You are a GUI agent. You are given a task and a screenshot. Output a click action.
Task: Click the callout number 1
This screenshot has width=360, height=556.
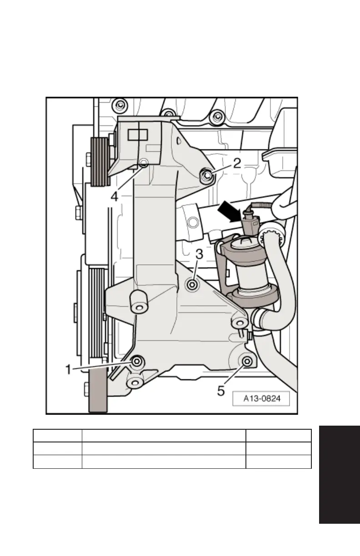[x=69, y=370]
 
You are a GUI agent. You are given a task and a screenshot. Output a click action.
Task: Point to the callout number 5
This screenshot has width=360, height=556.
[x=221, y=390]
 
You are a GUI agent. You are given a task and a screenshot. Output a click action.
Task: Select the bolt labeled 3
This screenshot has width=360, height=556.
[x=192, y=285]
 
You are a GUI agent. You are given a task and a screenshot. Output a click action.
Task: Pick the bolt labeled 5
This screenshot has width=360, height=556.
[x=247, y=362]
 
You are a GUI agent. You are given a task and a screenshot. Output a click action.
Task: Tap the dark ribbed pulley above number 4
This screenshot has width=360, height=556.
[x=100, y=162]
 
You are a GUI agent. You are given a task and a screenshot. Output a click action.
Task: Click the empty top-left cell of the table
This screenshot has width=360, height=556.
[x=57, y=436]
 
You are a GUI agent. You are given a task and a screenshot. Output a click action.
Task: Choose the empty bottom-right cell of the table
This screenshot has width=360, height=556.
[x=278, y=462]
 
